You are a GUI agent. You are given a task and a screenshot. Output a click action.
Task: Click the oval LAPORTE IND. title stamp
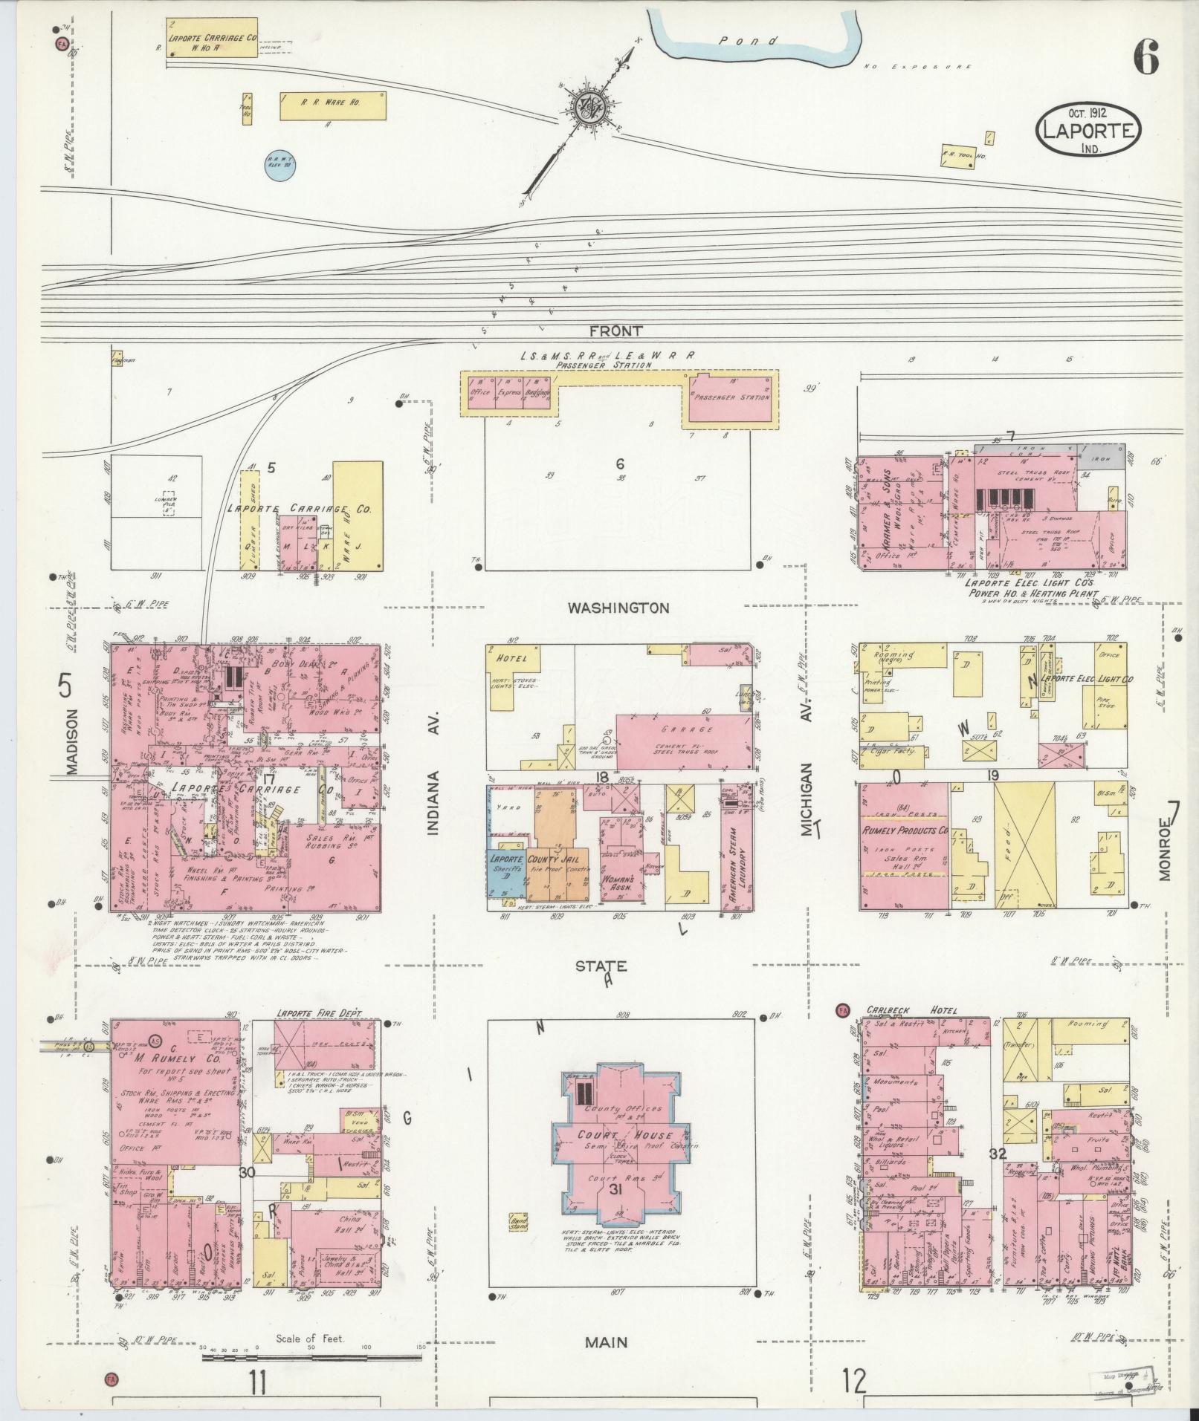[1087, 131]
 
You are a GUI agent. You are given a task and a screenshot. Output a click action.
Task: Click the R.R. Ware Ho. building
[332, 105]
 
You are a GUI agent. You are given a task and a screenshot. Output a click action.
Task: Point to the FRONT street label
[616, 331]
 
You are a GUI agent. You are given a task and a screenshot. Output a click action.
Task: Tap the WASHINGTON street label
[618, 608]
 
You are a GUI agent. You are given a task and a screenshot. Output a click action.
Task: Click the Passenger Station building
[731, 398]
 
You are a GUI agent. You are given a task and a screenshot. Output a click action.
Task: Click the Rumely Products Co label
[904, 830]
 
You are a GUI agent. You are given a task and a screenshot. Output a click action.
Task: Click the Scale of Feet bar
[311, 1357]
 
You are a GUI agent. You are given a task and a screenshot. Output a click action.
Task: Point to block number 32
[998, 1174]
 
